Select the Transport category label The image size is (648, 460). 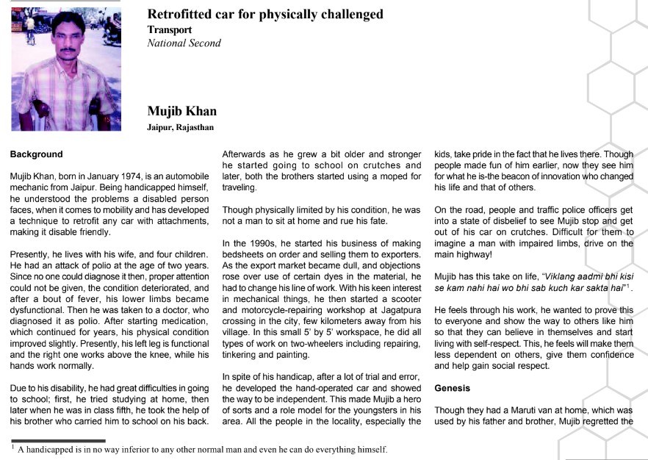(x=170, y=30)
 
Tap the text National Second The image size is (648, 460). (x=184, y=43)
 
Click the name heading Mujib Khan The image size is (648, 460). (x=181, y=112)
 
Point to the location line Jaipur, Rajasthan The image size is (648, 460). (x=180, y=128)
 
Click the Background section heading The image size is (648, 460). (x=36, y=155)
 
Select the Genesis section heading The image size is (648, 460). (x=453, y=387)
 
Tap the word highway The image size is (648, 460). (x=478, y=254)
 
